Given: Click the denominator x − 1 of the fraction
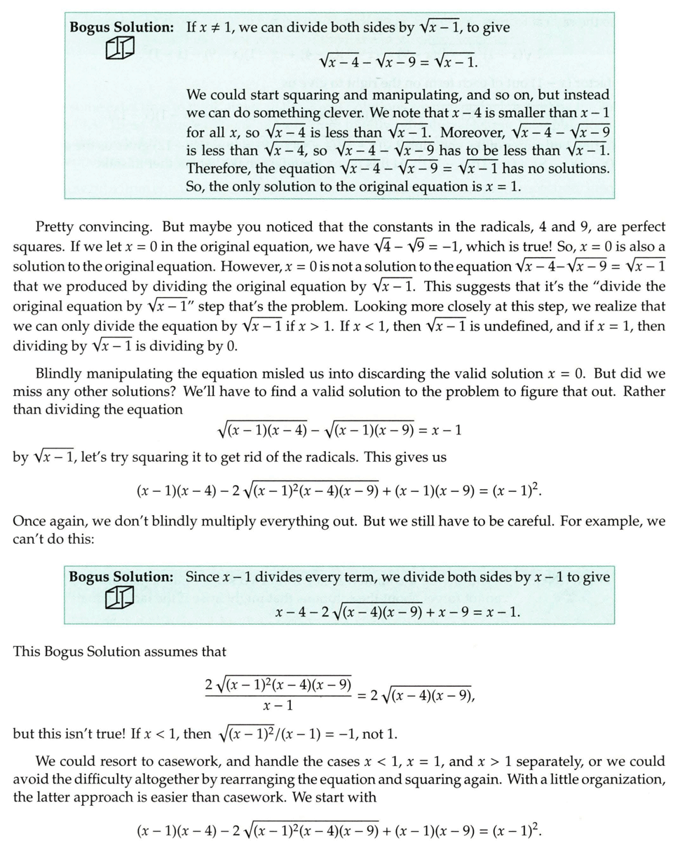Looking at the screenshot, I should coord(278,705).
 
